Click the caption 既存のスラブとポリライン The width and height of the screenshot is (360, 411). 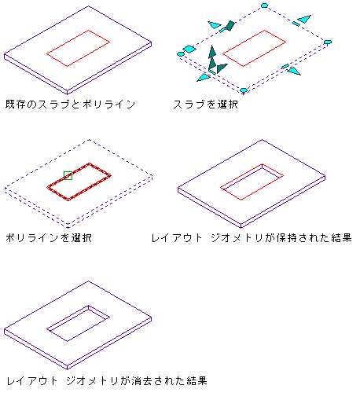[x=70, y=105]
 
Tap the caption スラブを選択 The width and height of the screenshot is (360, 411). [x=205, y=105]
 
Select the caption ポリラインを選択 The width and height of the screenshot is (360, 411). [x=49, y=238]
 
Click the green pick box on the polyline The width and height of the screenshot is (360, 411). [x=68, y=175]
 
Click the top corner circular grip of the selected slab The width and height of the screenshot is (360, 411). [x=264, y=6]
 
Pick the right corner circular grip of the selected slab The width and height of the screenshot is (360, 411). [x=328, y=42]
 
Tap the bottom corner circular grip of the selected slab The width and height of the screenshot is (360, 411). [x=244, y=90]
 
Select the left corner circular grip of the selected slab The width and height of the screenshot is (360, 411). [x=181, y=54]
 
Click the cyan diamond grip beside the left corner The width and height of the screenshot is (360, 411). [x=189, y=49]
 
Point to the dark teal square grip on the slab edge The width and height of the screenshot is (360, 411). [x=230, y=26]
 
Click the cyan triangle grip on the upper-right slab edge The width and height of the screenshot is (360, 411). [x=305, y=19]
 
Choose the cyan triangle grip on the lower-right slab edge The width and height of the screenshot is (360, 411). [x=294, y=71]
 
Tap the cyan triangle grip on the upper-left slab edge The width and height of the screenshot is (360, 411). [x=215, y=25]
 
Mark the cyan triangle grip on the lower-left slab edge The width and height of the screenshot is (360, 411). [x=204, y=77]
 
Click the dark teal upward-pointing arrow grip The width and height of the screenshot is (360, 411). [x=212, y=52]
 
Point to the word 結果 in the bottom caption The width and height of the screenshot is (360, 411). [x=197, y=380]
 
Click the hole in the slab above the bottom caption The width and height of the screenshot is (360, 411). [x=78, y=323]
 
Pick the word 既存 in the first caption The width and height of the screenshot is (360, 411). [x=16, y=105]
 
